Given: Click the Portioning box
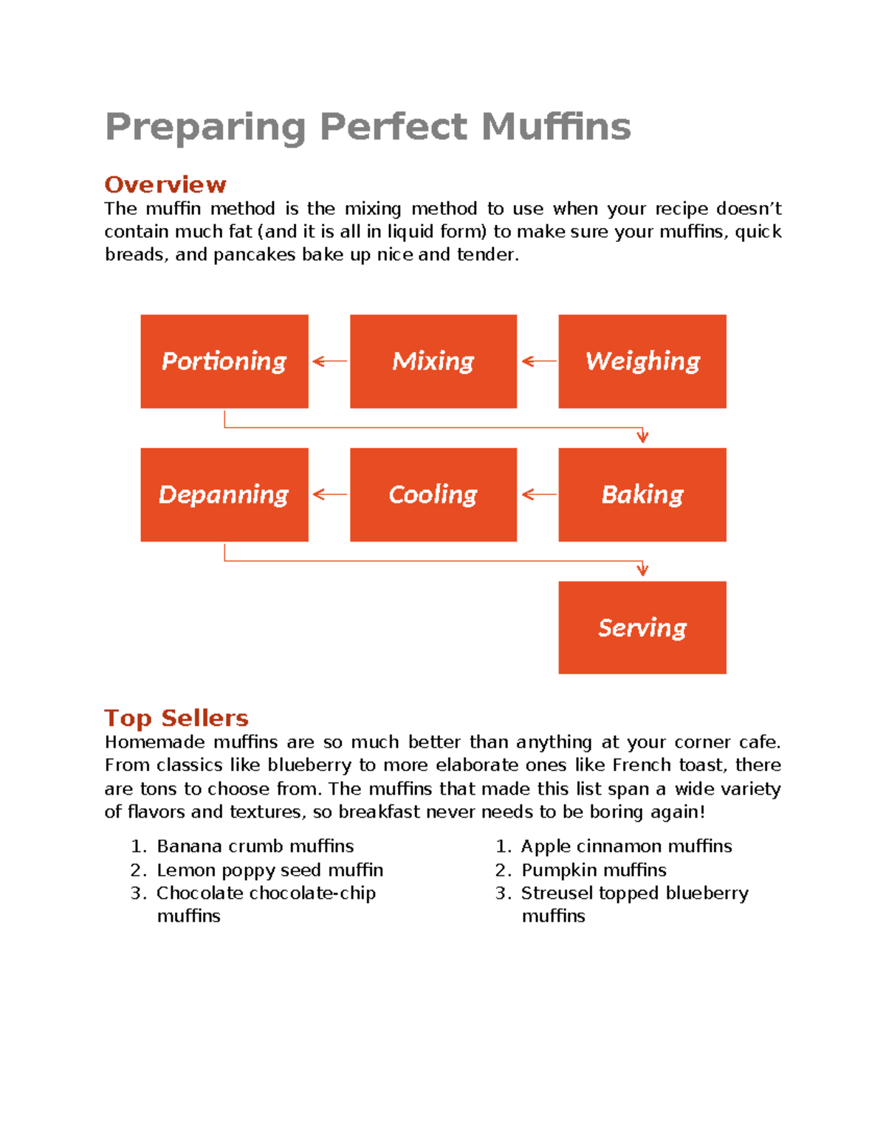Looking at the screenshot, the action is click(x=224, y=362).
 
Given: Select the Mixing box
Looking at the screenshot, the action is click(x=433, y=362).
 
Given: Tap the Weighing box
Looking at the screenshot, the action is click(x=642, y=362).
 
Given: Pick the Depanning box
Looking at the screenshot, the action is click(x=224, y=494).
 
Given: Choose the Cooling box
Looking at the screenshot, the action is click(x=433, y=494).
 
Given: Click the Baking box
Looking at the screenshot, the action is click(x=642, y=494).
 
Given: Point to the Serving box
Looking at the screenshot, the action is click(x=642, y=627).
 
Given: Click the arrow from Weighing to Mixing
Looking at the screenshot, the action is click(x=539, y=362).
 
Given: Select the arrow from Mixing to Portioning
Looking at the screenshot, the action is click(x=330, y=362).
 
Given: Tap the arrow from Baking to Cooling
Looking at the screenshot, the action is click(x=539, y=494).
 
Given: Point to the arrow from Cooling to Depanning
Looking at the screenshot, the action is click(x=330, y=494).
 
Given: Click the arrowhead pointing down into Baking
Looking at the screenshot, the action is click(x=642, y=438).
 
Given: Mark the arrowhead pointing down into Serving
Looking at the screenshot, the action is click(x=642, y=570).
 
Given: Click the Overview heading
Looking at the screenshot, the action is click(x=165, y=184).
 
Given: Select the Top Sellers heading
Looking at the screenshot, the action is click(x=176, y=718).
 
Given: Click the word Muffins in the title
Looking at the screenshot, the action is click(x=556, y=127).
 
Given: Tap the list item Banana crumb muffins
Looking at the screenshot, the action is click(x=255, y=846).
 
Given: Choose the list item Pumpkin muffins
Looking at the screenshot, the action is click(x=594, y=870).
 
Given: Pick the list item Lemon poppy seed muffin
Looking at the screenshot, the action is click(x=269, y=871).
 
